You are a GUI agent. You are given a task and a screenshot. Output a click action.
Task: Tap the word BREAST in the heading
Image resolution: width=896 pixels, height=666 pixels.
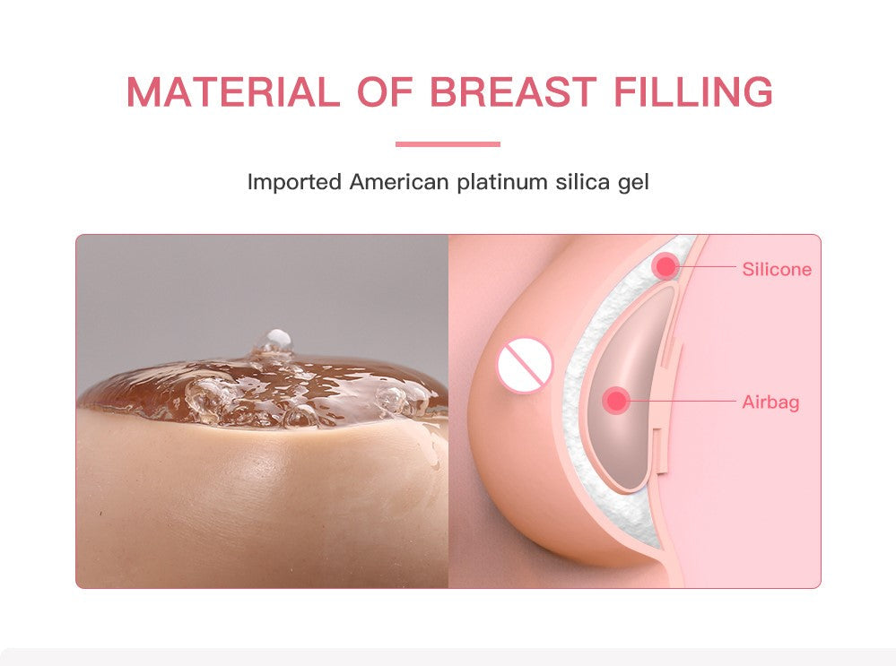pyautogui.click(x=512, y=93)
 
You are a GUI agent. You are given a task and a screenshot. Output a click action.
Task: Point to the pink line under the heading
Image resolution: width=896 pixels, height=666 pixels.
pyautogui.click(x=448, y=143)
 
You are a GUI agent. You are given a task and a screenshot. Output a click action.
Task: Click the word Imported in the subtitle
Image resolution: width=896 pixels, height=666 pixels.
pyautogui.click(x=294, y=183)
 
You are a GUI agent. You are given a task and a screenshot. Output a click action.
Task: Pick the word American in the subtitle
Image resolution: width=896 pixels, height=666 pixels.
pyautogui.click(x=399, y=183)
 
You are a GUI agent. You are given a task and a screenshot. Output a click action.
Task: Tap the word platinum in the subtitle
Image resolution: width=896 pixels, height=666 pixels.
pyautogui.click(x=502, y=183)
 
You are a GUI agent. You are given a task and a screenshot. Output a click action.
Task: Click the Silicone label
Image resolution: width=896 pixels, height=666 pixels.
pyautogui.click(x=777, y=269)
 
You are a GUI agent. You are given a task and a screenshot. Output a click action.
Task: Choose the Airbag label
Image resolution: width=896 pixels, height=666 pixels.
pyautogui.click(x=770, y=402)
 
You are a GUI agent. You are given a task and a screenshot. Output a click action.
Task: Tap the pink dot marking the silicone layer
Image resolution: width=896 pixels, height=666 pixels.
pyautogui.click(x=665, y=265)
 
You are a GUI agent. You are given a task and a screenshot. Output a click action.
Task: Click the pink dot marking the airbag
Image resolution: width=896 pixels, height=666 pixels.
pyautogui.click(x=616, y=401)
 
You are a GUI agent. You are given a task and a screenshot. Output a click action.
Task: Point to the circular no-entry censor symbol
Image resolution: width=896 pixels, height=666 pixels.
pyautogui.click(x=525, y=366)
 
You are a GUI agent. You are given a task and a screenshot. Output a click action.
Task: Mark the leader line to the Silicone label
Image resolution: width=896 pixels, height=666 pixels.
pyautogui.click(x=709, y=266)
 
